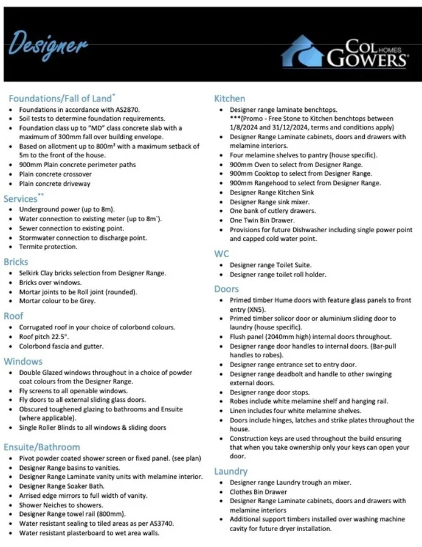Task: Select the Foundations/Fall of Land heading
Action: click(x=59, y=98)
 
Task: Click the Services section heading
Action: click(x=21, y=199)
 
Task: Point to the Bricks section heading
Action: click(x=16, y=262)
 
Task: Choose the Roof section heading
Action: click(x=14, y=316)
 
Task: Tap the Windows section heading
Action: click(x=23, y=361)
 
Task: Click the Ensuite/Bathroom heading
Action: click(x=42, y=447)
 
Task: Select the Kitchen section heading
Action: click(x=230, y=98)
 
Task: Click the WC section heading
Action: click(x=221, y=253)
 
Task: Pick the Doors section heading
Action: click(x=227, y=289)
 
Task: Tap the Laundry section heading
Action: click(x=231, y=471)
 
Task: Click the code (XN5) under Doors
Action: click(x=241, y=309)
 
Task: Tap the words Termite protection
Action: click(x=49, y=247)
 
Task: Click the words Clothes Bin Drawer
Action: click(x=258, y=492)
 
